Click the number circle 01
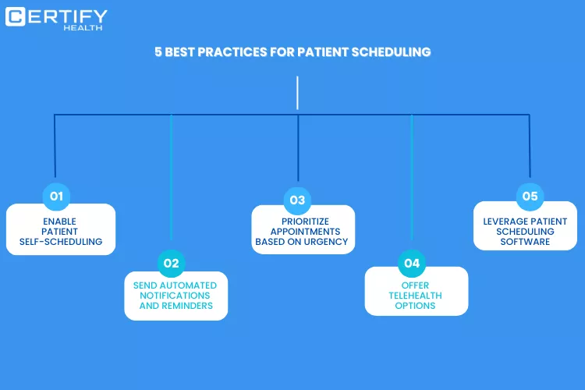pos(56,197)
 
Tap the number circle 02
pos(172,263)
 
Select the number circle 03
pos(297,200)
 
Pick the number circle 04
pos(412,263)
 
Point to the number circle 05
pos(530,197)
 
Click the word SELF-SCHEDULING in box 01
pos(61,242)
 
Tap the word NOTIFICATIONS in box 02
pos(175,296)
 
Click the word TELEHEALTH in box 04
pos(415,296)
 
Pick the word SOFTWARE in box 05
pos(525,242)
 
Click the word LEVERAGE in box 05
pos(505,222)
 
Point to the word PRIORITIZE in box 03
pos(305,222)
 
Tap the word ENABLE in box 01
pos(60,222)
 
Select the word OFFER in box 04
pos(415,285)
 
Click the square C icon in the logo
pos(16,17)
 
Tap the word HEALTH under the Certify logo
pos(83,28)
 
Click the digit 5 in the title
pos(158,52)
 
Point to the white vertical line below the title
pos(297,93)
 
